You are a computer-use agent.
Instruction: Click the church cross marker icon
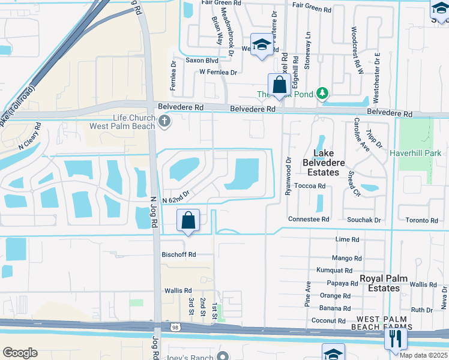tap(165, 122)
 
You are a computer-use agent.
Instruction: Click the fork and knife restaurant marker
tap(396, 340)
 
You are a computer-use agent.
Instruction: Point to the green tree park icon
tap(323, 93)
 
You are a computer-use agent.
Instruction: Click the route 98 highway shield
tap(157, 326)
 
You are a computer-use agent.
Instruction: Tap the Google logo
tap(20, 353)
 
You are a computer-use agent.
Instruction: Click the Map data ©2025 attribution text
tap(423, 355)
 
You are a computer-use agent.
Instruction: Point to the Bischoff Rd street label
tap(178, 254)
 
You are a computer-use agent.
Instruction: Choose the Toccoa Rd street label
tap(312, 187)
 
